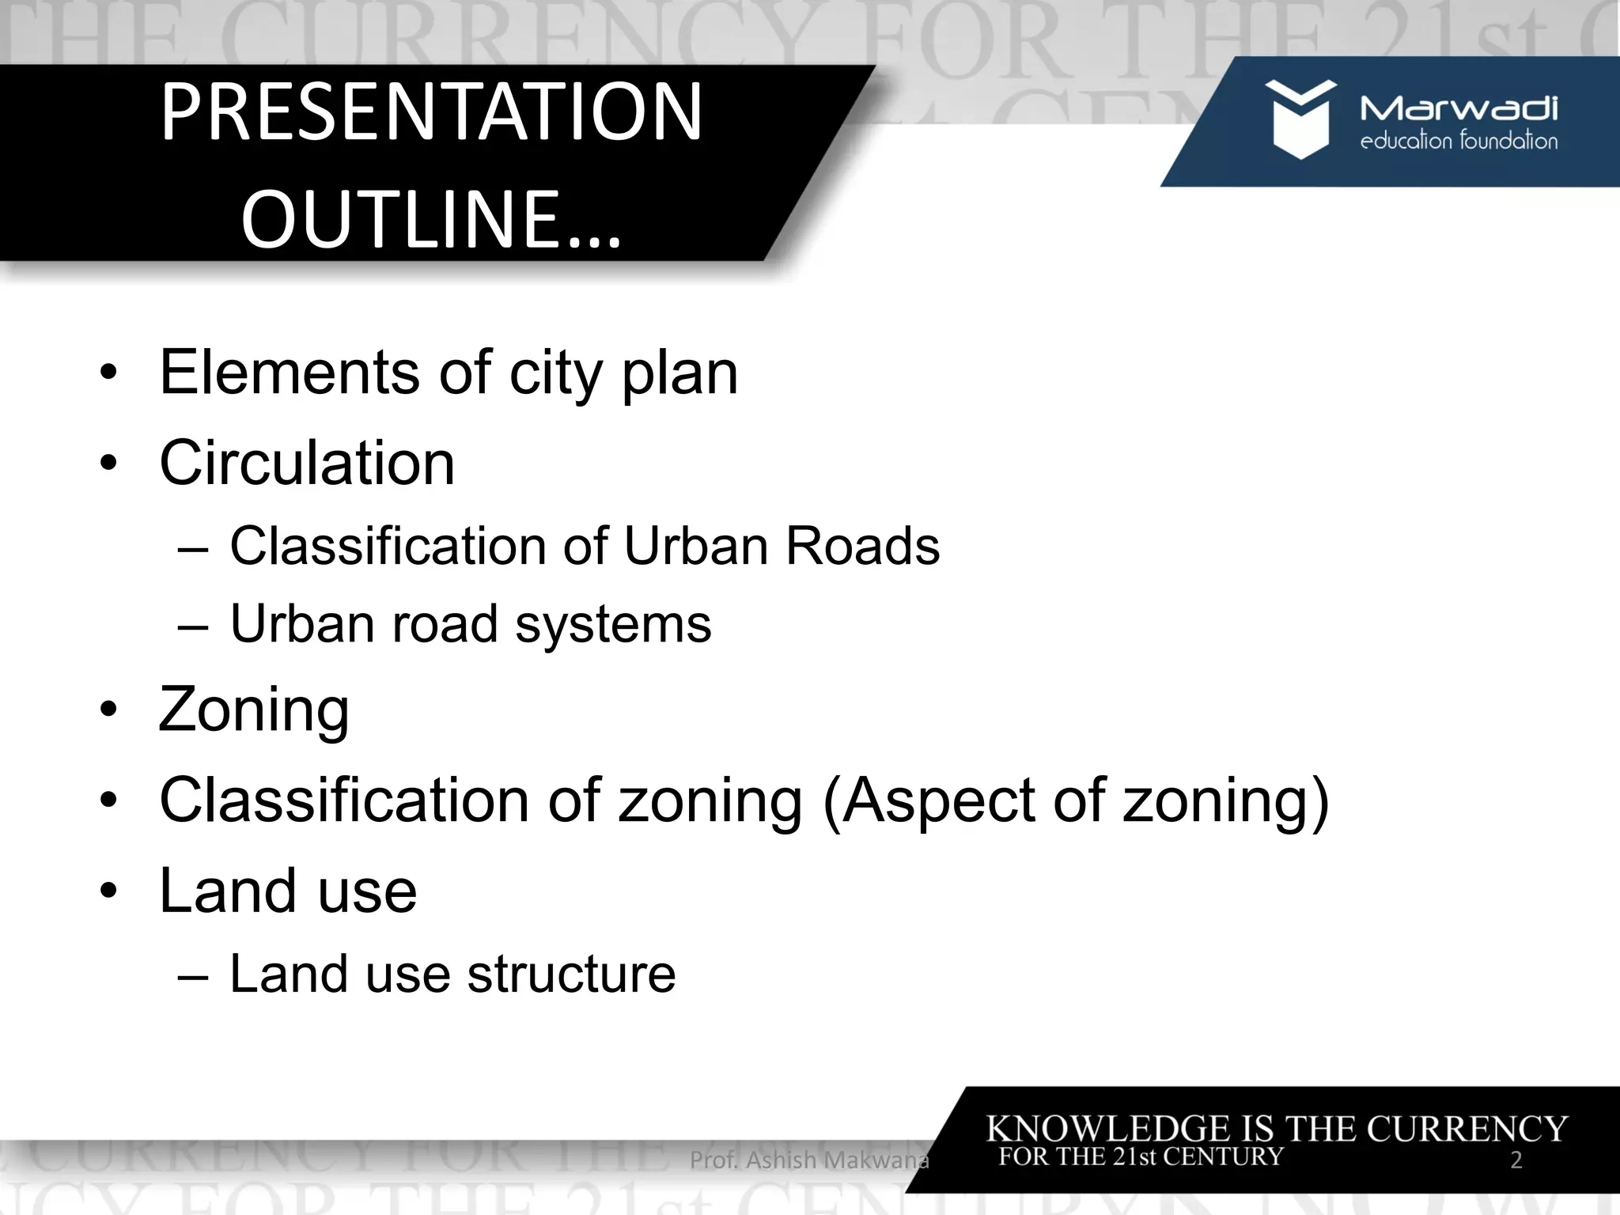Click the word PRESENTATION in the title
(431, 112)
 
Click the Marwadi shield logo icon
(1300, 119)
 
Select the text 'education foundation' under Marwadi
(1459, 142)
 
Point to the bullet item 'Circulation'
(307, 463)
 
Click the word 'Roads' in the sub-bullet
(862, 546)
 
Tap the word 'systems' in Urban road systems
(613, 623)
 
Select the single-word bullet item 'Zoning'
(254, 710)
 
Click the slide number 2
(1516, 1160)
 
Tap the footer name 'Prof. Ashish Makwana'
(809, 1160)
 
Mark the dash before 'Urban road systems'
(193, 625)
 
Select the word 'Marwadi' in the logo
(1459, 108)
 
